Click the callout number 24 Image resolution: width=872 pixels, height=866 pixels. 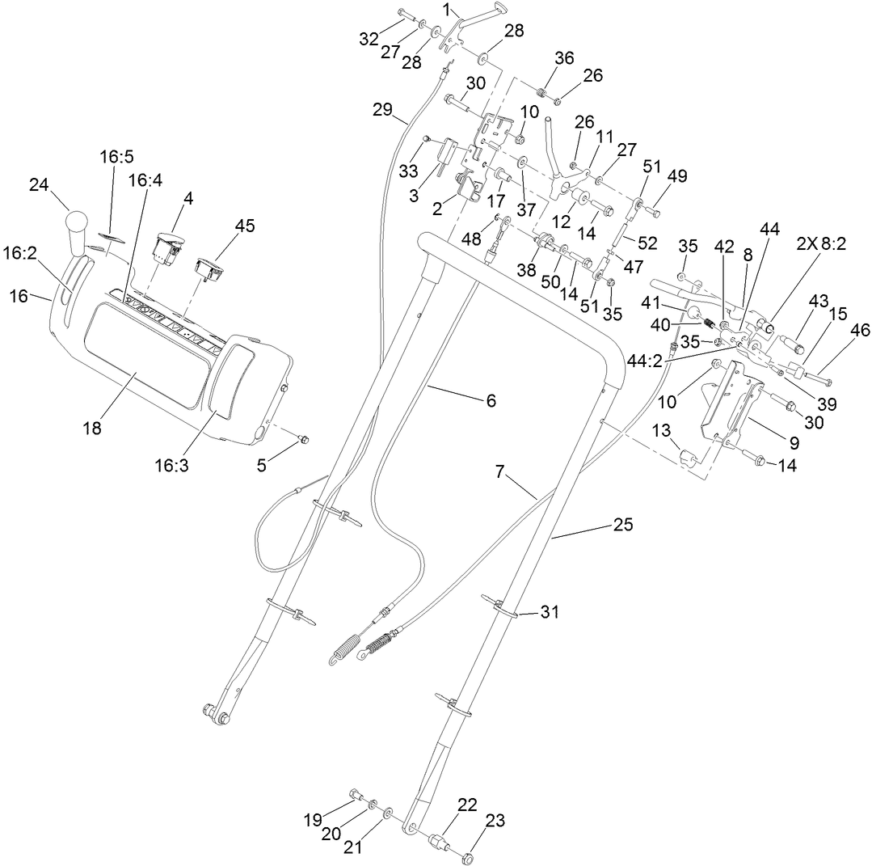pos(38,184)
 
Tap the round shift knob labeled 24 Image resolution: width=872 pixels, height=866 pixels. pos(77,222)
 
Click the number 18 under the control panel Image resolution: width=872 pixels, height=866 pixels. pos(92,428)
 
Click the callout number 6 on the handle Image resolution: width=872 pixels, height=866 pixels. pos(491,400)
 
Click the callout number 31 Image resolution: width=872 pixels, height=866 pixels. pos(550,613)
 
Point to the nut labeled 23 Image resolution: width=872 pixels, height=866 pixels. pos(468,855)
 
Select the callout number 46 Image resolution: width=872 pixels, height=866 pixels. pos(838,331)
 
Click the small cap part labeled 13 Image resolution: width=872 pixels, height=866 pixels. pos(688,458)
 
